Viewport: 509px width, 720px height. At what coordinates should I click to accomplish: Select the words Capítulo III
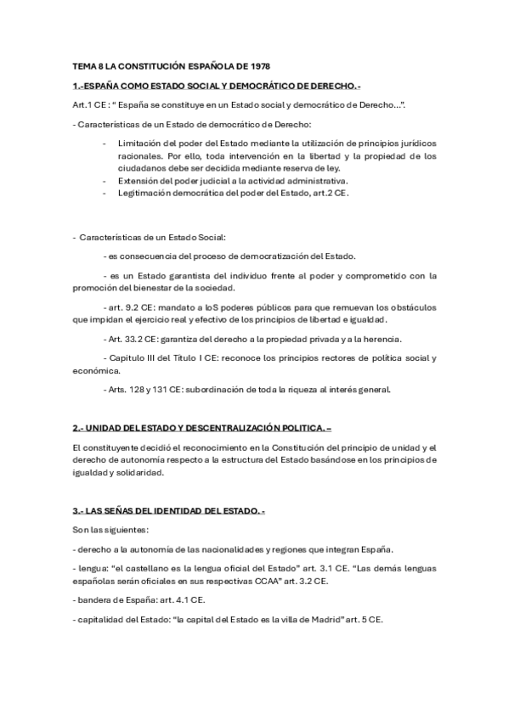[136, 357]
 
